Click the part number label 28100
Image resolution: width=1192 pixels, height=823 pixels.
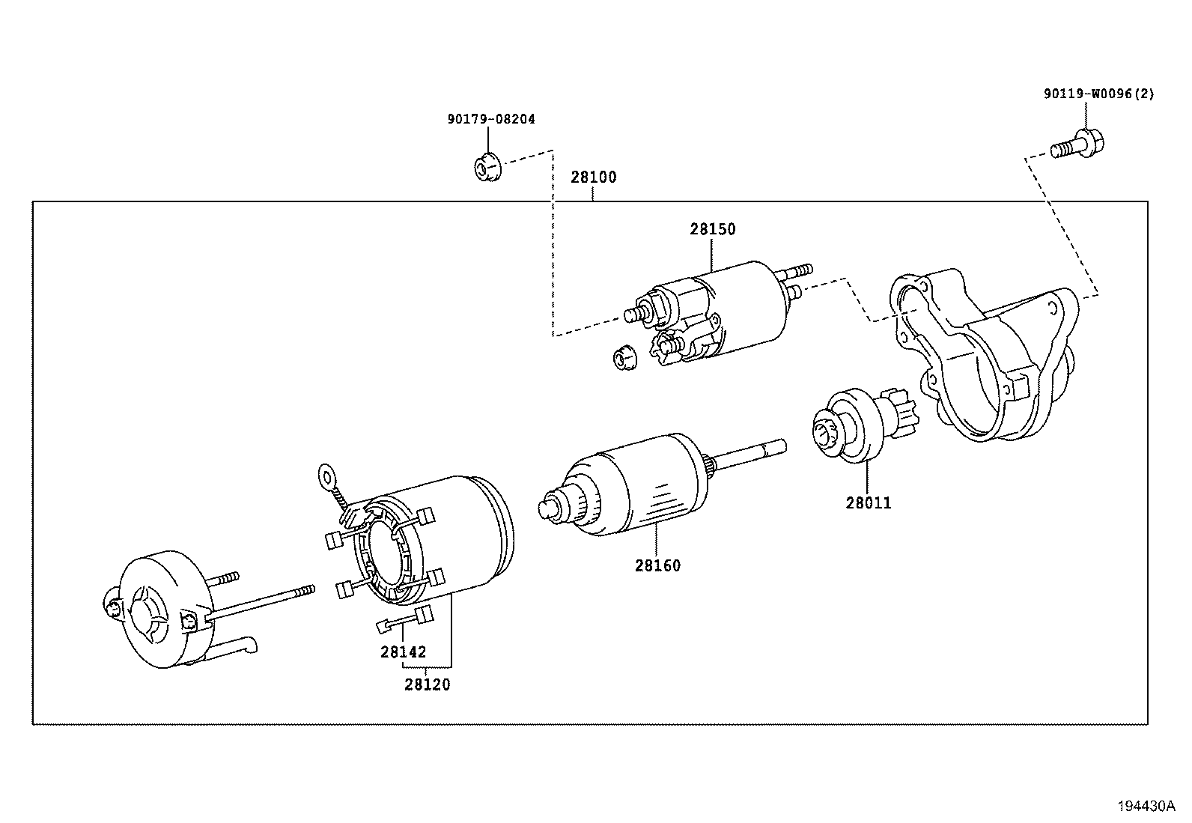[x=593, y=177]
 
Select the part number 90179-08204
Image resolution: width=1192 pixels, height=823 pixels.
[x=491, y=119]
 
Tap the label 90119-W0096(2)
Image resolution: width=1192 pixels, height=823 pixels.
[x=1099, y=94]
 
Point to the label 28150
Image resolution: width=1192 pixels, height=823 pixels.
[x=712, y=229]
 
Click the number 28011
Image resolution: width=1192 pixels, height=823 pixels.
[x=869, y=503]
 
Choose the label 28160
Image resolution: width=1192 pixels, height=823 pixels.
[x=657, y=566]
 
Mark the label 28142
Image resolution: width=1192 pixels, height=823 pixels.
[x=403, y=652]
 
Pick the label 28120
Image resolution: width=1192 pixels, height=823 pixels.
[x=428, y=684]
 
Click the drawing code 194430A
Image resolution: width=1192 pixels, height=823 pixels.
[x=1146, y=806]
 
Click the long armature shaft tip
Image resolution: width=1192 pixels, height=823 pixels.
[x=779, y=446]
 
